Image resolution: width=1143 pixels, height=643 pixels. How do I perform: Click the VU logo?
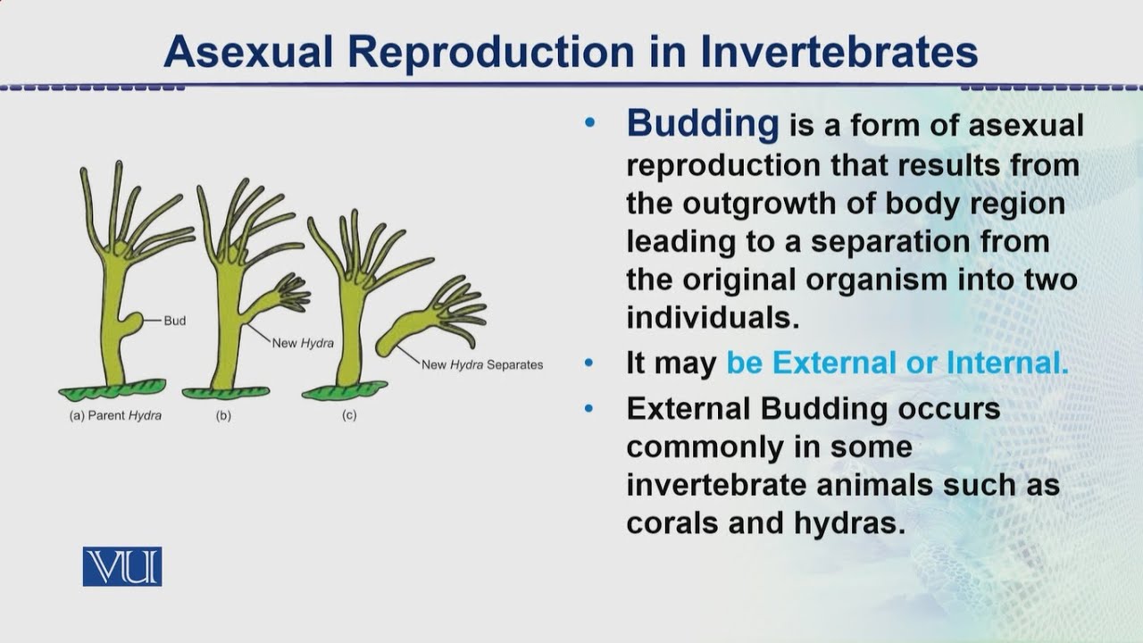(x=122, y=566)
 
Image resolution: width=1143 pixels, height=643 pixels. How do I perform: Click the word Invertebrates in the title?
(x=838, y=52)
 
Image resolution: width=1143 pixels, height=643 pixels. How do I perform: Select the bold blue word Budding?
(x=703, y=123)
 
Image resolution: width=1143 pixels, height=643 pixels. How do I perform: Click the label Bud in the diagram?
(x=175, y=321)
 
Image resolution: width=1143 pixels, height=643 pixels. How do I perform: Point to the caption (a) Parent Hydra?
(x=115, y=415)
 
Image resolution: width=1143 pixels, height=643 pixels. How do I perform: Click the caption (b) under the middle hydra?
(x=223, y=415)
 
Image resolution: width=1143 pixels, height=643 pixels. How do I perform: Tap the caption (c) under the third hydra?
(x=349, y=415)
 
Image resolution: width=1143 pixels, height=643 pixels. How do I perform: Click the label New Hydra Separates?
(x=482, y=364)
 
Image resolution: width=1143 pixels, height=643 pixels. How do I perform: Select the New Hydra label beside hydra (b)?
(x=303, y=343)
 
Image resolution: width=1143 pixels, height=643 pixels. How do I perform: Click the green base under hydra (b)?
(x=226, y=392)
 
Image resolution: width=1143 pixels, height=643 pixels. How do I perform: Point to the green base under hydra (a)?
(x=113, y=389)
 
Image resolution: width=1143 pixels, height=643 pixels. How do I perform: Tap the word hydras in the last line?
(x=844, y=522)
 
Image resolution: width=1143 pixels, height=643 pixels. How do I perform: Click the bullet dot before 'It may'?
(x=588, y=363)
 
